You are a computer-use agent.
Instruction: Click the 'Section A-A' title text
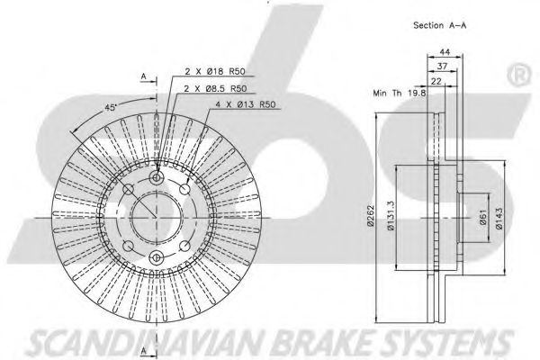click(440, 25)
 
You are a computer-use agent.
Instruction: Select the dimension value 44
click(445, 52)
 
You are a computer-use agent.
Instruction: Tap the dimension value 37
click(442, 66)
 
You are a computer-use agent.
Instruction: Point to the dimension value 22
click(436, 81)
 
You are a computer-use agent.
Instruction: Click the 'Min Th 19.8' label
click(400, 93)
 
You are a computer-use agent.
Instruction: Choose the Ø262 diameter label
click(371, 216)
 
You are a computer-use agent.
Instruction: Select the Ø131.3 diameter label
click(391, 216)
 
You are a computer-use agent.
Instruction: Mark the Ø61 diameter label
click(483, 218)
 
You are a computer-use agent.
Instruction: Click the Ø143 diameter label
click(499, 218)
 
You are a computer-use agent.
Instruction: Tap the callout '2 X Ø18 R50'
click(215, 72)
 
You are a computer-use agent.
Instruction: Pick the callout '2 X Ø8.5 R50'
click(216, 89)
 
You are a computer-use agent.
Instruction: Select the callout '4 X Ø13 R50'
click(246, 104)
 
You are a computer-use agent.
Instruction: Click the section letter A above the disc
click(144, 76)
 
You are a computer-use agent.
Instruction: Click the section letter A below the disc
click(144, 351)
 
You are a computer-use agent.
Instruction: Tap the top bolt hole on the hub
click(157, 178)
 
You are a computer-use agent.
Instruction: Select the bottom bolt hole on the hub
click(157, 257)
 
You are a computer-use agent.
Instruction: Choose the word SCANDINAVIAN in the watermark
click(148, 344)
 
